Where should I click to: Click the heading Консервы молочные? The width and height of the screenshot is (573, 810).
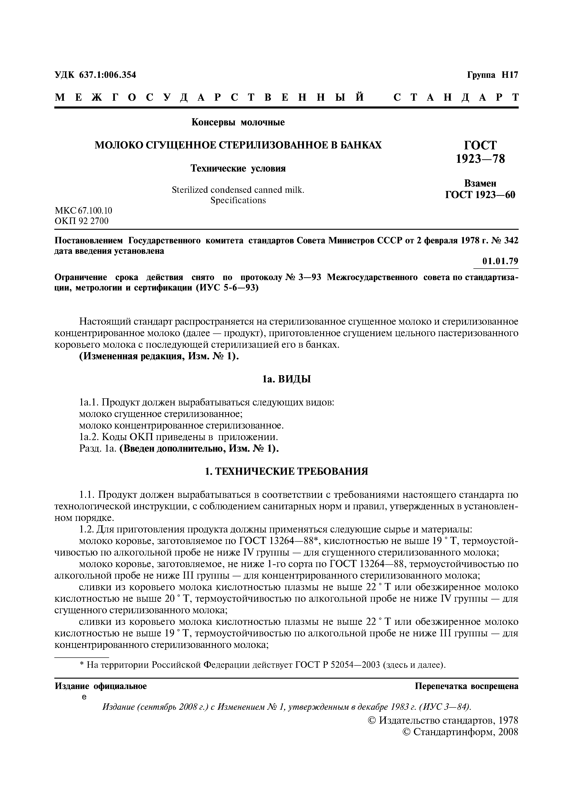(x=238, y=122)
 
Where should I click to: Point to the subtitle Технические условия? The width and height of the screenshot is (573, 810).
(x=238, y=169)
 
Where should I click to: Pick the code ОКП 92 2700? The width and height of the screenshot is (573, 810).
(x=82, y=221)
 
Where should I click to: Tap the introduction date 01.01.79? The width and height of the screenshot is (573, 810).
(x=500, y=261)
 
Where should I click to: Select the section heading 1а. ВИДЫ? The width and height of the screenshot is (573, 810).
(x=286, y=379)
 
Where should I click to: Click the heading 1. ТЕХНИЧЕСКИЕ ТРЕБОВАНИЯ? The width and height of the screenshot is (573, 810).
(x=286, y=471)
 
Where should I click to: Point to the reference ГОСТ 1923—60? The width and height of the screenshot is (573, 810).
(x=480, y=194)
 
